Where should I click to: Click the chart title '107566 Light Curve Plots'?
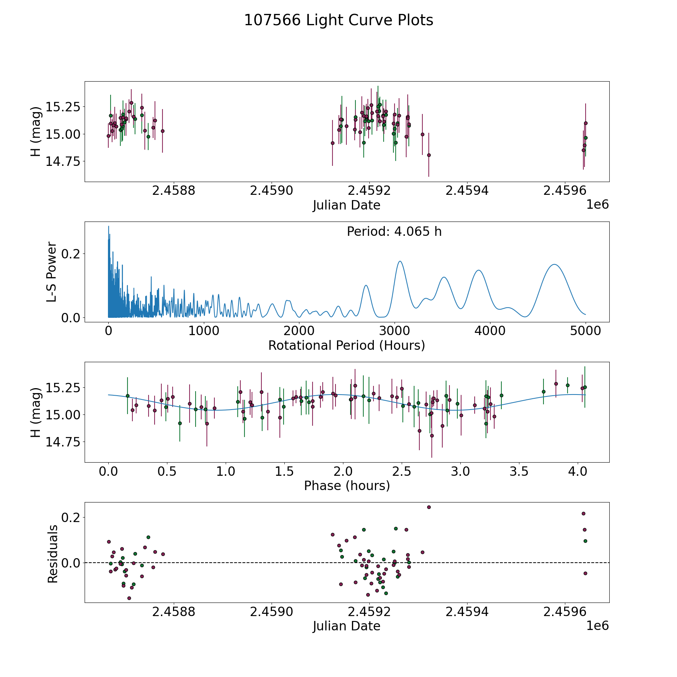coord(338,20)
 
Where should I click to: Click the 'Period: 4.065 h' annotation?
coord(394,232)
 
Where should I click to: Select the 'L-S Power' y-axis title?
coord(52,272)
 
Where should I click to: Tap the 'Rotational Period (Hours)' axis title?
coord(347,345)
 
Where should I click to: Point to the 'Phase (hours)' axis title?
coord(347,486)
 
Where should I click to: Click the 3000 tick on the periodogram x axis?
coord(395,331)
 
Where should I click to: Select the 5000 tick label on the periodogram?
coord(585,331)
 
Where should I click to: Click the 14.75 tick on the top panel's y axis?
coord(63,161)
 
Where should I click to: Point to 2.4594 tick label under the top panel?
coord(467,190)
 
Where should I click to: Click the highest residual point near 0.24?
coord(429,507)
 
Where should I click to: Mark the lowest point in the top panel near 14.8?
coord(429,155)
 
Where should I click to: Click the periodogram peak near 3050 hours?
coord(400,261)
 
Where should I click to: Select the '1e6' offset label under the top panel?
coord(597,205)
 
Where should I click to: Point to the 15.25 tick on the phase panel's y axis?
coord(63,387)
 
